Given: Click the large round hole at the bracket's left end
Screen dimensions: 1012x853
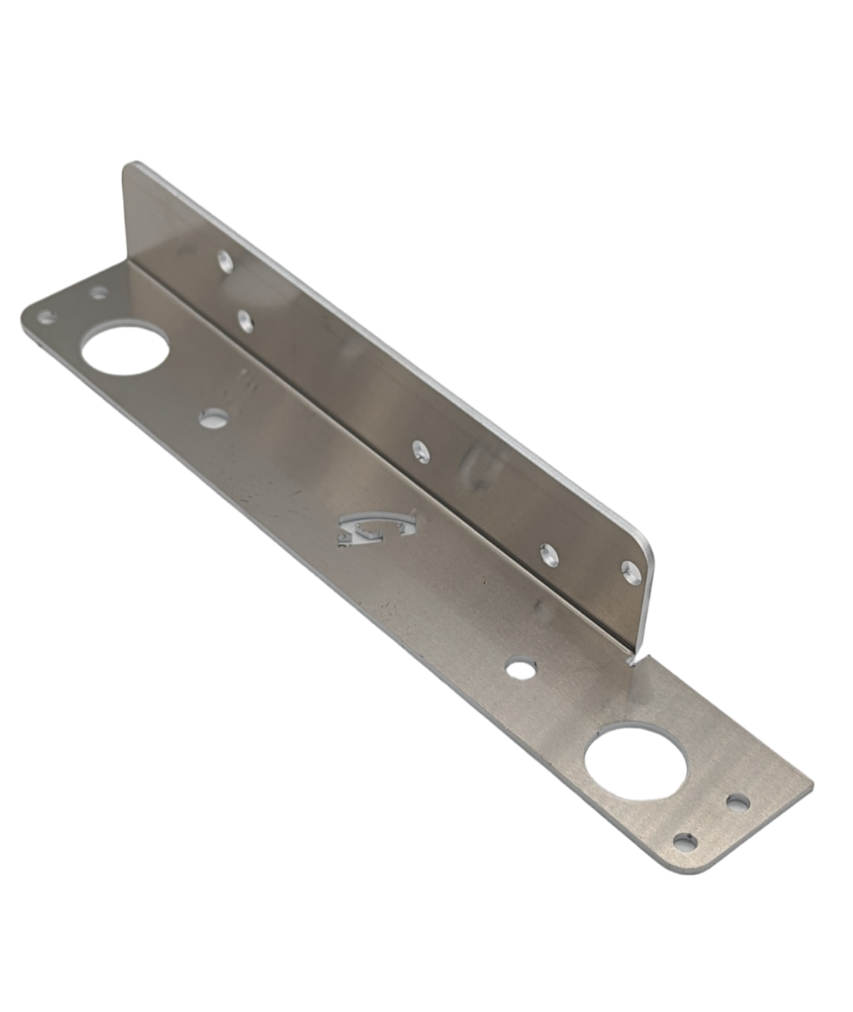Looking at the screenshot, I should (x=126, y=349).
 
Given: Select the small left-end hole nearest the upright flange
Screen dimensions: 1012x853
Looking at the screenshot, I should (x=99, y=291).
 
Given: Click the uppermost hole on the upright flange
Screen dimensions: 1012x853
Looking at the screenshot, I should (x=224, y=262).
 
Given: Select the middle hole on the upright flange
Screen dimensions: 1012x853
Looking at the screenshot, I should (x=419, y=452).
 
